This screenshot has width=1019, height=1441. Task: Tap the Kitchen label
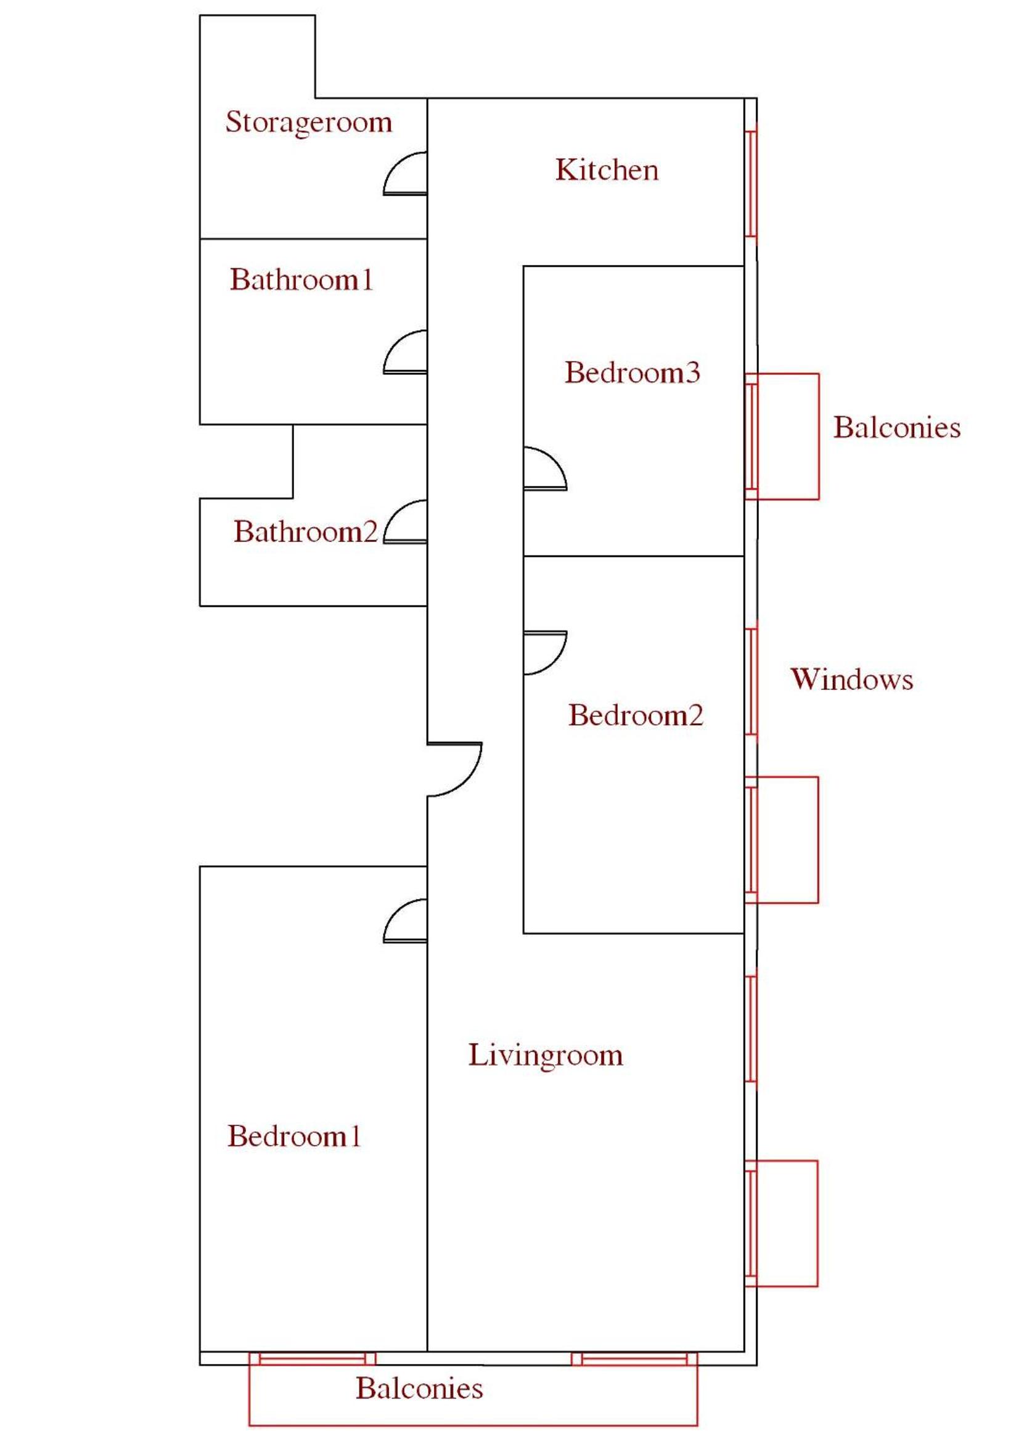coord(607,170)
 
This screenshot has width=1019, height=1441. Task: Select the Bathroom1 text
coord(301,280)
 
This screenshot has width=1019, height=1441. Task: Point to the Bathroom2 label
coord(306,532)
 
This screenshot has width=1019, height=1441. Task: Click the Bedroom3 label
coord(632,372)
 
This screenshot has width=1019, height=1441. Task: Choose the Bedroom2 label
coord(636,715)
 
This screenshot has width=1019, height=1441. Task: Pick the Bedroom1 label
coord(293,1136)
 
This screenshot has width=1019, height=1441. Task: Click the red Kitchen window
coord(751,183)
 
